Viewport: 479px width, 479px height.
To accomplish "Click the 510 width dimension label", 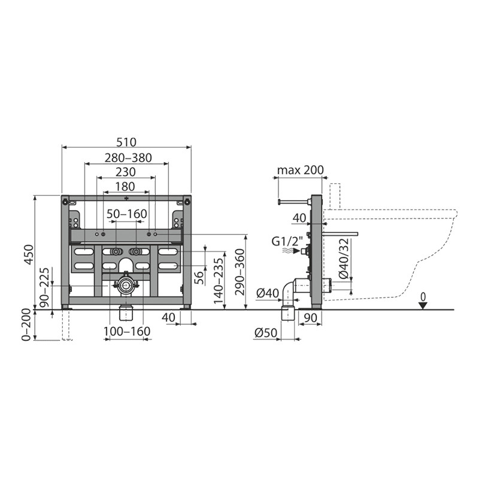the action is tap(126, 142).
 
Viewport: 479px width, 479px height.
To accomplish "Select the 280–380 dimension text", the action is tap(128, 158).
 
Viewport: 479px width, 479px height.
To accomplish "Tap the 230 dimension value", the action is tap(126, 172).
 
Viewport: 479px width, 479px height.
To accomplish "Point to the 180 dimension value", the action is tap(126, 186).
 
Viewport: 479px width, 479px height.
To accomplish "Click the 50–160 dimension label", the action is tap(127, 214).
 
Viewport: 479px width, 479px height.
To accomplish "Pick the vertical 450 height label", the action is tap(29, 254).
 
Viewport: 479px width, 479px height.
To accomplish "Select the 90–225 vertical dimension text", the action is tap(44, 288).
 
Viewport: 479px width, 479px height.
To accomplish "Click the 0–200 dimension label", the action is tap(26, 325).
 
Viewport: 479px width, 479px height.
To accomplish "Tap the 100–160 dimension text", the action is tap(127, 331).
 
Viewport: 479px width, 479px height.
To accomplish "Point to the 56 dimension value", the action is tap(199, 278).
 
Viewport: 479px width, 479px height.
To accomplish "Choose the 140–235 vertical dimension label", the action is tap(219, 281).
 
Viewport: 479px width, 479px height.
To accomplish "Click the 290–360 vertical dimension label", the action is tap(241, 272).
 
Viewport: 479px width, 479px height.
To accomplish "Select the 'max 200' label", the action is tap(301, 170).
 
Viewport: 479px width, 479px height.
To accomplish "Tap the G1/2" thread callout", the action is tap(287, 241).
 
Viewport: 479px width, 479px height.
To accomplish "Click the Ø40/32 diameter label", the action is tap(344, 259).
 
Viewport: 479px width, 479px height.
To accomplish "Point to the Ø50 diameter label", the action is tap(265, 333).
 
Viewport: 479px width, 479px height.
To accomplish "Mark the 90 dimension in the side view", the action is tap(310, 318).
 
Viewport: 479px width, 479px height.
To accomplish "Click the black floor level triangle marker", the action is tap(423, 305).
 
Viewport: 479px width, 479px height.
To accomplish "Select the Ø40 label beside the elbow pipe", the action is tap(268, 293).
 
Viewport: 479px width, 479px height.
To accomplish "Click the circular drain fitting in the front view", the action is tap(125, 286).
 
